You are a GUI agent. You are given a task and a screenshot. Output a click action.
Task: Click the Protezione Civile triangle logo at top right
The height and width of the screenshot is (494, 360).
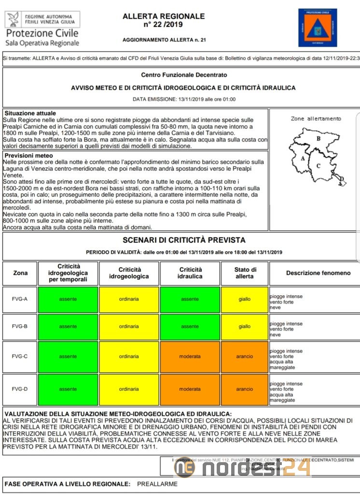click(317, 27)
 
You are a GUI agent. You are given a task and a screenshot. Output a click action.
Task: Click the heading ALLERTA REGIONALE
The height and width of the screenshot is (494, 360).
click(164, 16)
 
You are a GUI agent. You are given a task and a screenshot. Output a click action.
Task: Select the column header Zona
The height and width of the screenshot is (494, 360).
click(20, 273)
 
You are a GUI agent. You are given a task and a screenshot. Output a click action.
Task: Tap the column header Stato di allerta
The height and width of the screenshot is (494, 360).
click(245, 273)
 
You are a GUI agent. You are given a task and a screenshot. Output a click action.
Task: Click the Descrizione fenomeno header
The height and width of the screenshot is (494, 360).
click(318, 273)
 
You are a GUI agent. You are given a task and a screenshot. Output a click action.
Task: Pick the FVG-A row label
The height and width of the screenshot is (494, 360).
click(20, 299)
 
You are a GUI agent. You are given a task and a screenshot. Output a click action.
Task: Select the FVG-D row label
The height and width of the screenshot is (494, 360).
click(20, 389)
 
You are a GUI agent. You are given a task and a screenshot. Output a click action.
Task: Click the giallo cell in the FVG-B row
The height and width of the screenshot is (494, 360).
click(245, 327)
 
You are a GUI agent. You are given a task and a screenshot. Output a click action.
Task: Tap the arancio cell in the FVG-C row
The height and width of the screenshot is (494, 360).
click(245, 357)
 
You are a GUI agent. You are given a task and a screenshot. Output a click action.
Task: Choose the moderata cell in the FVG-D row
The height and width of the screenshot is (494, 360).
click(190, 389)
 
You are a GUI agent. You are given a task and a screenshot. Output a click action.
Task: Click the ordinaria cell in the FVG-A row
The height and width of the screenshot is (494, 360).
click(129, 299)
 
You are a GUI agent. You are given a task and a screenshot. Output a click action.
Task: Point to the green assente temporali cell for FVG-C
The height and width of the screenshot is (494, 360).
click(68, 357)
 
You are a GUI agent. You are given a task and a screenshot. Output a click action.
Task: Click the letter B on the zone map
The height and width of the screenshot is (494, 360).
click(318, 138)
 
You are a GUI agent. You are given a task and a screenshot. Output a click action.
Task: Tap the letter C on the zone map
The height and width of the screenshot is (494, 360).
click(318, 166)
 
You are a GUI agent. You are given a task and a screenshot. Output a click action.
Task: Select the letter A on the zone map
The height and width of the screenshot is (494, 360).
click(303, 158)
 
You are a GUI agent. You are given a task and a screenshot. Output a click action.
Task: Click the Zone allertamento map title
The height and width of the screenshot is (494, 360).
click(316, 119)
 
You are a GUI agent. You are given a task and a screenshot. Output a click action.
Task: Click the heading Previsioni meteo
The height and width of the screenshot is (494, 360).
click(28, 156)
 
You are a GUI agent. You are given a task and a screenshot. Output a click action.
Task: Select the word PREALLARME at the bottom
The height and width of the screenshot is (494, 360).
click(157, 484)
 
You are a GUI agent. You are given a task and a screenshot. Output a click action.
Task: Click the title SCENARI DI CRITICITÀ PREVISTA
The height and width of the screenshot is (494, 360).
click(184, 240)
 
